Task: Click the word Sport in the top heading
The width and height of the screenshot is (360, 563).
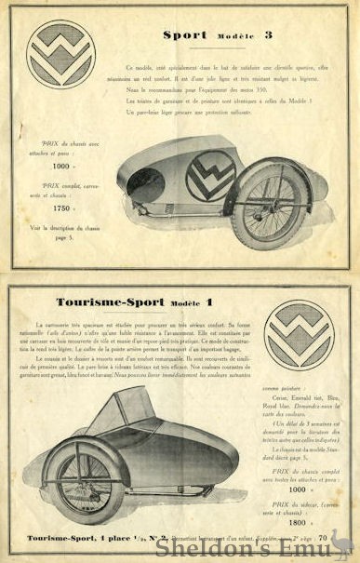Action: point(185,35)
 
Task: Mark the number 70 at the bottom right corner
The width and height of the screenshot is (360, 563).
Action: point(323,537)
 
